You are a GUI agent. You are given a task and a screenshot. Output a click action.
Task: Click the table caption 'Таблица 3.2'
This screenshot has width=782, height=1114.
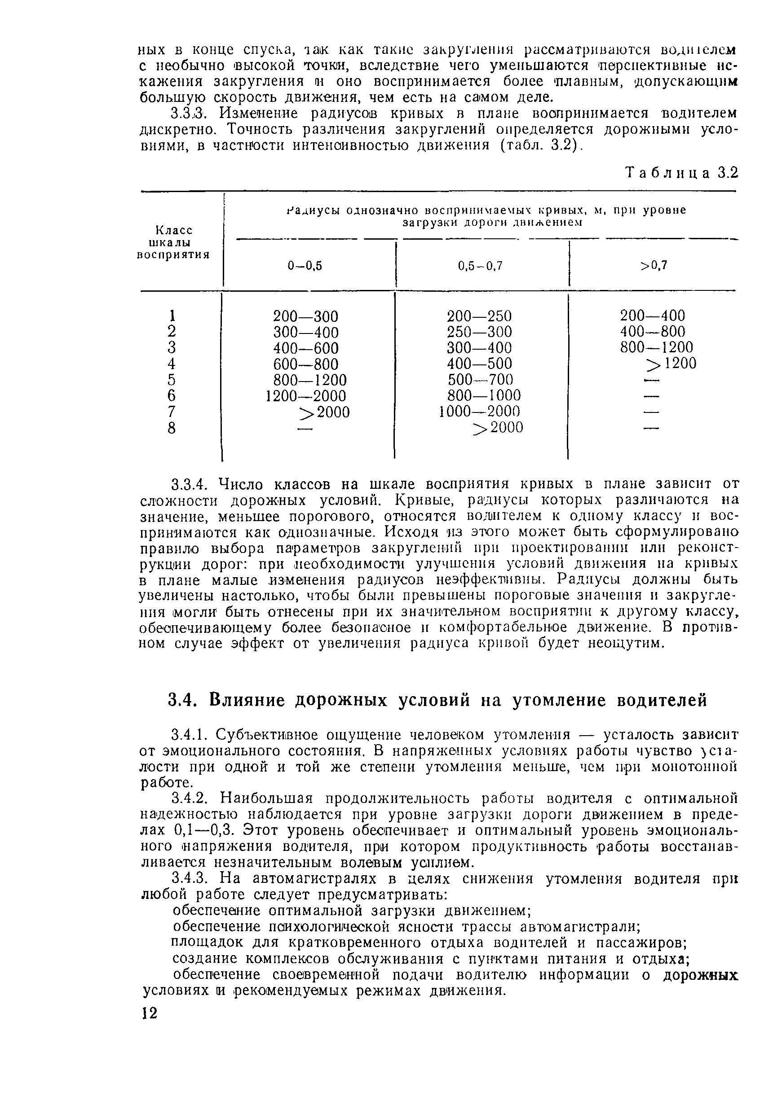(x=681, y=173)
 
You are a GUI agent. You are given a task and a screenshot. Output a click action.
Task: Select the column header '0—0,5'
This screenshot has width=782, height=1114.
(x=305, y=265)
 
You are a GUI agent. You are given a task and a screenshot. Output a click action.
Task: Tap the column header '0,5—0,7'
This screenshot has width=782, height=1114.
(x=480, y=265)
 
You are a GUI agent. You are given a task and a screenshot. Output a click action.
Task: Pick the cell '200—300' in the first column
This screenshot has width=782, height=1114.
(x=305, y=316)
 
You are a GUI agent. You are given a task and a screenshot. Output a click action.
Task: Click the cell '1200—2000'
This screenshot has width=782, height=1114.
(x=306, y=396)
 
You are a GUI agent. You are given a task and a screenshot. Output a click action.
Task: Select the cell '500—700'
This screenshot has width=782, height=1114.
(x=480, y=379)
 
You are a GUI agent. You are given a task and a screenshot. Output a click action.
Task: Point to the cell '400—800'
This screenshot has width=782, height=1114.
(x=652, y=332)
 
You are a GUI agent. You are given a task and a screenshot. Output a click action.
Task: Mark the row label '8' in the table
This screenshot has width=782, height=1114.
(x=171, y=428)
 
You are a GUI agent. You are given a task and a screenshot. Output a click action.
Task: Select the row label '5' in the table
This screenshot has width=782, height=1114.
(x=171, y=379)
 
